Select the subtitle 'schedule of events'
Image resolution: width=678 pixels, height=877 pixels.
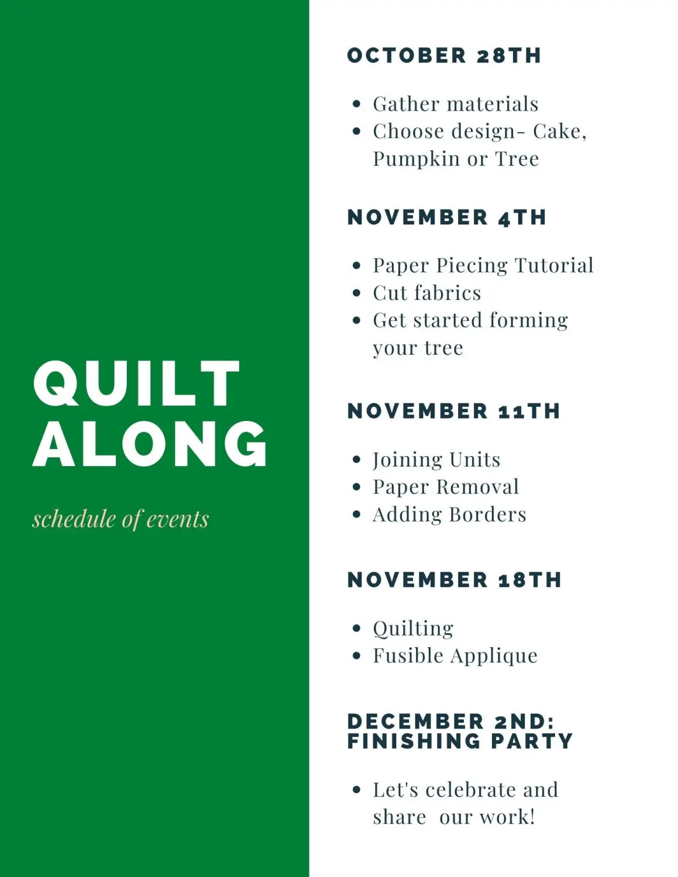(121, 519)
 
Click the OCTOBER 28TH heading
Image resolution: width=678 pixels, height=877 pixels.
(444, 56)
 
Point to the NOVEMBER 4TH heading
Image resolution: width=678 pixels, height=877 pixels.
(447, 217)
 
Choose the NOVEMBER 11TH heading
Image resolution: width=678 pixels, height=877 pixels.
(453, 411)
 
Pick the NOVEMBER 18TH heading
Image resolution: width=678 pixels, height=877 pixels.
(454, 580)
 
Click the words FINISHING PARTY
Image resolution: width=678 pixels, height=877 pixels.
(460, 741)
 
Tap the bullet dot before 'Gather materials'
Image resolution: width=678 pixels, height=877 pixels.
(357, 104)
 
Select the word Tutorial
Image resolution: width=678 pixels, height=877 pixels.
(554, 265)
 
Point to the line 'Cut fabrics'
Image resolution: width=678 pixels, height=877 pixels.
(427, 293)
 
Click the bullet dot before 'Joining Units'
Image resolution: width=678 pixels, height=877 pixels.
(357, 460)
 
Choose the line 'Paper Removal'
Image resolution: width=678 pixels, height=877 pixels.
(446, 487)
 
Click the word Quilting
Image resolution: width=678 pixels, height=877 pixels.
(413, 629)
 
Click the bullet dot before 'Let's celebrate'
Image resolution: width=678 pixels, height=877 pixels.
(357, 790)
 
